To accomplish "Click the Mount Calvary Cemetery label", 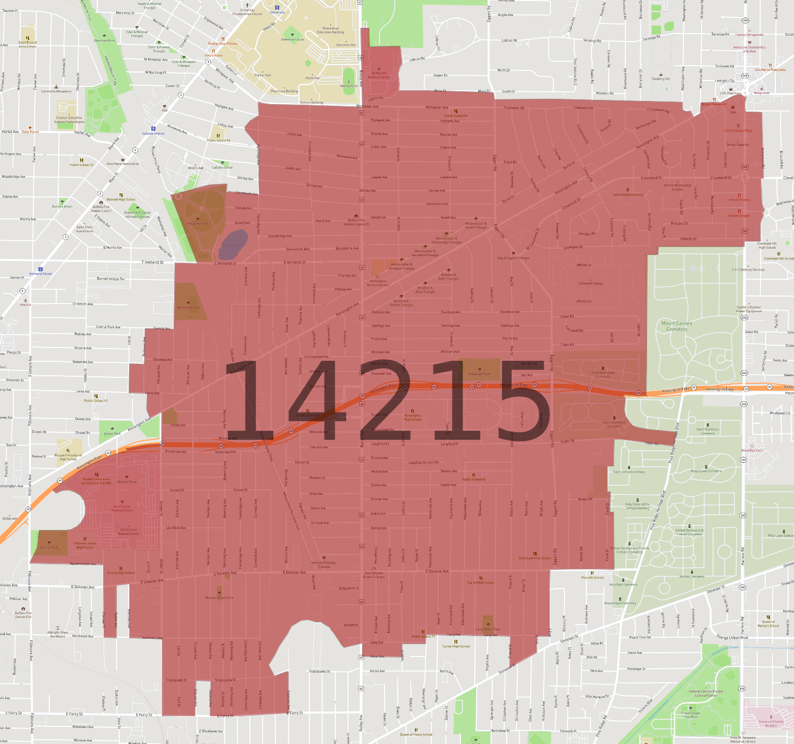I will click(x=677, y=326).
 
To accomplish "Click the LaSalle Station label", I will click(x=153, y=133).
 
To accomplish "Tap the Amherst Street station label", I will click(x=41, y=274).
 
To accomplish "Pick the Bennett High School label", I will click(x=121, y=199).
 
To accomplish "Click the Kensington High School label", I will click(x=412, y=417).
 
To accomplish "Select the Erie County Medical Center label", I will click(x=122, y=508).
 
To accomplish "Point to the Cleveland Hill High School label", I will click(x=767, y=246).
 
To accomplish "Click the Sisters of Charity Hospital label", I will click(x=771, y=723).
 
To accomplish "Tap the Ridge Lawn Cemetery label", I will click(x=706, y=471).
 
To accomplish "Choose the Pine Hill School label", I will click(x=592, y=577).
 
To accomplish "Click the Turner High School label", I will click(x=455, y=646).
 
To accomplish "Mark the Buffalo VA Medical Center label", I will click(x=379, y=75).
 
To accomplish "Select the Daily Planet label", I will click(x=30, y=132).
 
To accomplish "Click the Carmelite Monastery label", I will click(x=56, y=91).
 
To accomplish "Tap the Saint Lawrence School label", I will click(x=534, y=558).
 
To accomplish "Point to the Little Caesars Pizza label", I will click(x=738, y=130).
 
